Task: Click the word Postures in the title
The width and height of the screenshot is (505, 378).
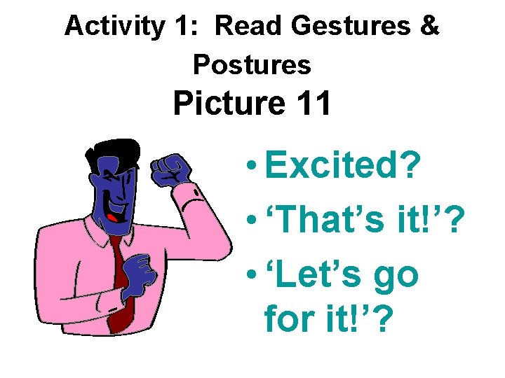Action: (x=252, y=64)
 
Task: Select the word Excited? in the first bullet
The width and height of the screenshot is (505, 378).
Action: (x=342, y=167)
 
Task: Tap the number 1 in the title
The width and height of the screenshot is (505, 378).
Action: (x=180, y=26)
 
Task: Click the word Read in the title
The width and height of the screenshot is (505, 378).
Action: (x=245, y=26)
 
